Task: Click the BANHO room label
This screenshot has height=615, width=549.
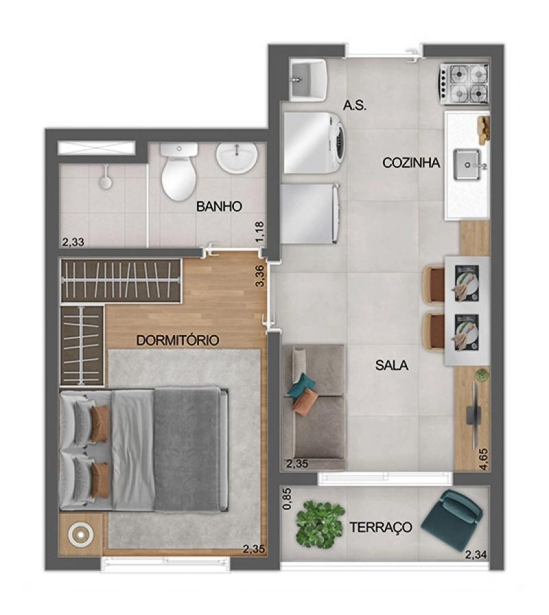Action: pos(219,207)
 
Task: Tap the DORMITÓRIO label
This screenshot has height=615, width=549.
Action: pos(178,340)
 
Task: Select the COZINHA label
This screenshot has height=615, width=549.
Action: pos(411,163)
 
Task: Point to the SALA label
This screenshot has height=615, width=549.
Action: pos(391,365)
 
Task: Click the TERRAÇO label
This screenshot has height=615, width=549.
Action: pos(380,527)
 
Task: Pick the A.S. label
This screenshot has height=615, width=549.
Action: pos(355,105)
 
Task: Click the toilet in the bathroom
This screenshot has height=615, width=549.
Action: pos(179,171)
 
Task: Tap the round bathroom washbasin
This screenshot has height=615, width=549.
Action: pos(237,157)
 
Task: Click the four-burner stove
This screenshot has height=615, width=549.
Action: pos(465,84)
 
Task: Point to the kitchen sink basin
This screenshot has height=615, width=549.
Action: pos(467,165)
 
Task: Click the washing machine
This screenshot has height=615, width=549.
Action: pos(314,143)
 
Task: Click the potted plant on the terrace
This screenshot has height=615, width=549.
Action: pos(320,524)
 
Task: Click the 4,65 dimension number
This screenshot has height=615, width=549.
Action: pos(484,459)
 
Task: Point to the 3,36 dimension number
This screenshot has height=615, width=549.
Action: pos(260,276)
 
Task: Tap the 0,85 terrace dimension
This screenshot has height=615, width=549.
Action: pos(287,498)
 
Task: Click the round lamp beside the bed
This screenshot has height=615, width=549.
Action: pos(80,534)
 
